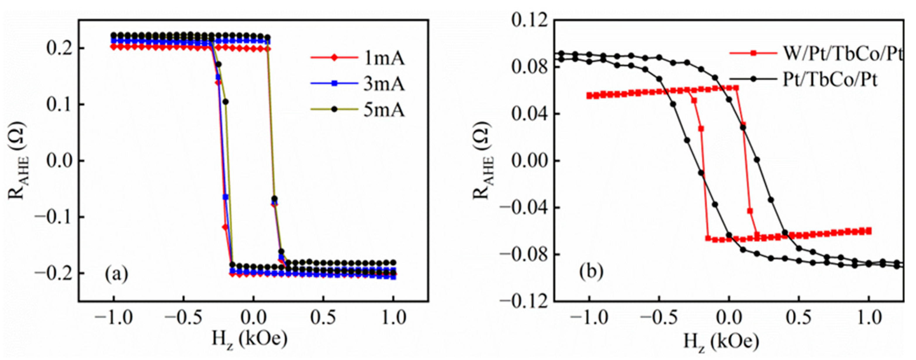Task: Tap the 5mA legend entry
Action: click(383, 110)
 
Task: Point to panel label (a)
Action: click(116, 274)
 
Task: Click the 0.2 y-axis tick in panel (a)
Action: click(60, 48)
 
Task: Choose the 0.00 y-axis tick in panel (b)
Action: click(528, 161)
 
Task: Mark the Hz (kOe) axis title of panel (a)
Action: click(250, 340)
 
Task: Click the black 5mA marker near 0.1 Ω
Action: click(225, 102)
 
